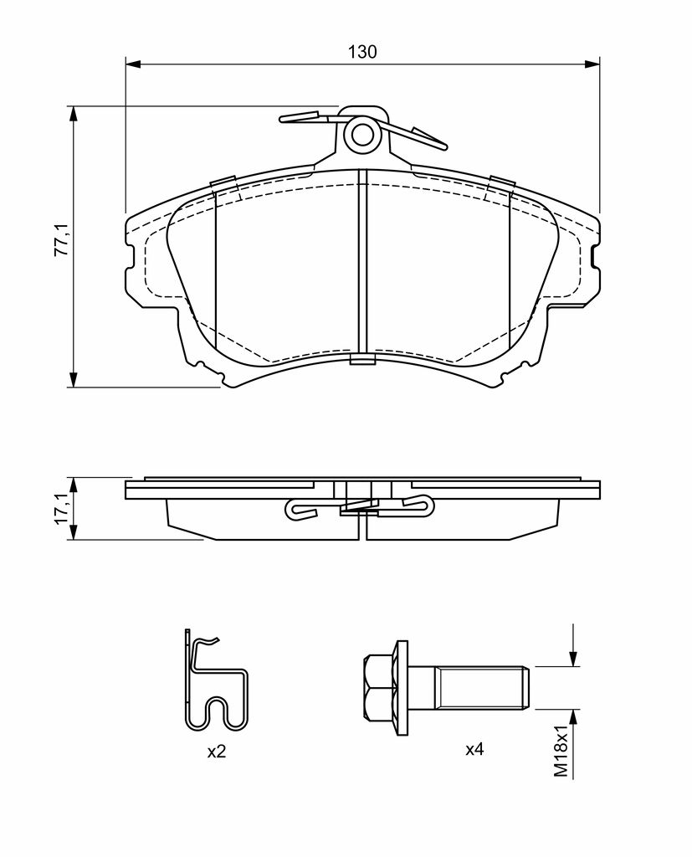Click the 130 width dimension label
(363, 52)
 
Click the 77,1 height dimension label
(61, 239)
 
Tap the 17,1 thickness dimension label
(61, 508)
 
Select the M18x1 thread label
(561, 751)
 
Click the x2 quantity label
(217, 752)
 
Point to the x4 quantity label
(474, 749)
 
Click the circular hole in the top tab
(361, 134)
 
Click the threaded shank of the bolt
(469, 688)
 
